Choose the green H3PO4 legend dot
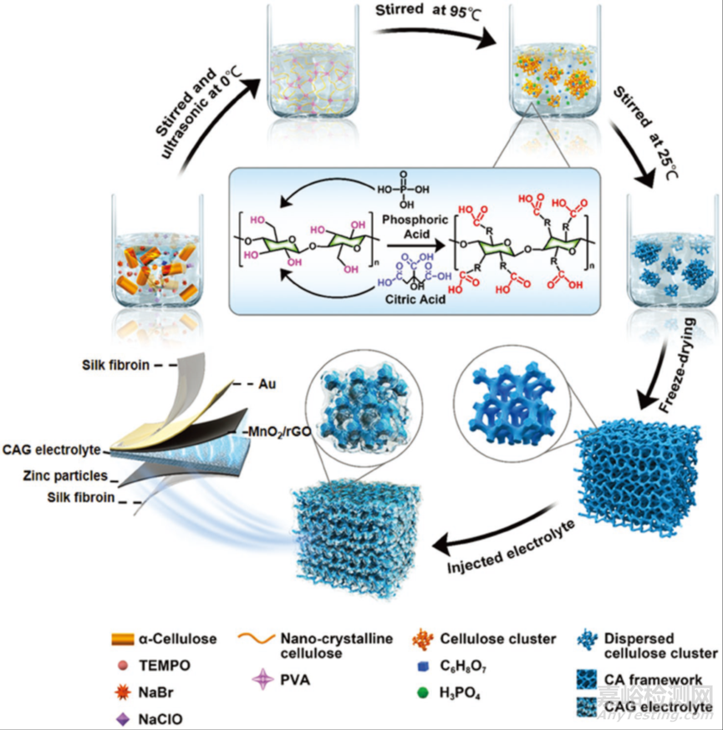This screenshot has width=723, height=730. tap(423, 692)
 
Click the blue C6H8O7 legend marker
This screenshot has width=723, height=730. tap(423, 667)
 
